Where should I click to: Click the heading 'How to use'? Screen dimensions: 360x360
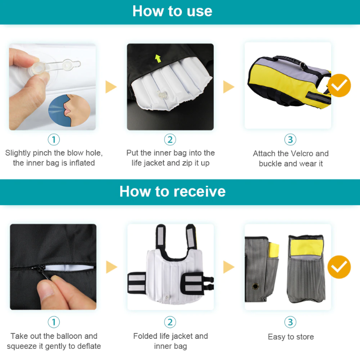click(x=172, y=11)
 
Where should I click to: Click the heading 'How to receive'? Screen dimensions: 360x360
click(x=172, y=192)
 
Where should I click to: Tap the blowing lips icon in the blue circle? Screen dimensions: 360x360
click(x=68, y=109)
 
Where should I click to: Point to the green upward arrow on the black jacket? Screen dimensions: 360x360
click(x=157, y=58)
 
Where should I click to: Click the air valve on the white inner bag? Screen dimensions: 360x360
click(x=161, y=96)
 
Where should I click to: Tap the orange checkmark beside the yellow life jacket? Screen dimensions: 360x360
click(x=339, y=85)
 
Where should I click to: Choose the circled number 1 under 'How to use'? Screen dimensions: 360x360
click(x=54, y=139)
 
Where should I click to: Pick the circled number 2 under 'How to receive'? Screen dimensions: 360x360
click(x=170, y=322)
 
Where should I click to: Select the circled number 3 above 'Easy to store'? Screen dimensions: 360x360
click(x=290, y=322)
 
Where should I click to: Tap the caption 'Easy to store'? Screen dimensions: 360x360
click(x=291, y=337)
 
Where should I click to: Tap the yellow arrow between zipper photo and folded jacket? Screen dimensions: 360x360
click(x=111, y=267)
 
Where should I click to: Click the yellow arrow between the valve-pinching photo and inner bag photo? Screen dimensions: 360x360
click(x=111, y=87)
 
